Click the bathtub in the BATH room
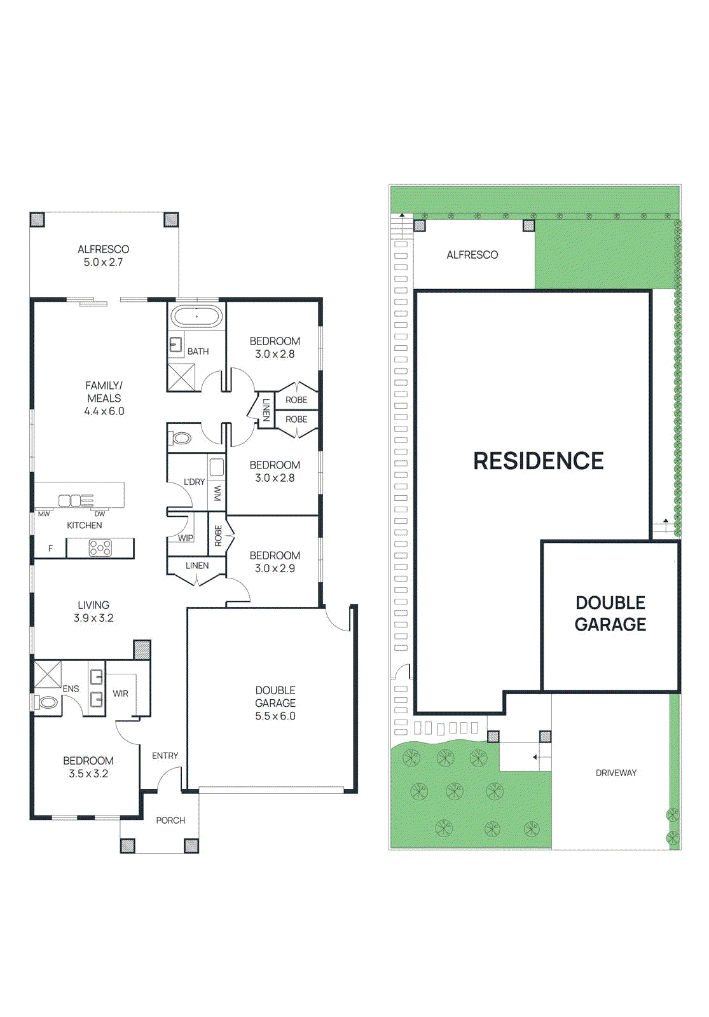pos(196,317)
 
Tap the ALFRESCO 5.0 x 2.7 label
pos(103,256)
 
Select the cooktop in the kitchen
pos(100,548)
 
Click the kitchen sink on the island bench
pos(70,500)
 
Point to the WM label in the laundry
pos(217,493)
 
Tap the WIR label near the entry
pos(121,693)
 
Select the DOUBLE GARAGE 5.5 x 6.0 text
pos(275,703)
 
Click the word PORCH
pos(170,821)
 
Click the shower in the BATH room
pos(181,378)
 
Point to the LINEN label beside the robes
pos(266,409)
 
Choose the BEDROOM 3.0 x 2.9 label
pos(275,562)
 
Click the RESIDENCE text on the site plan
pos(538,461)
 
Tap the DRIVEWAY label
pos(616,773)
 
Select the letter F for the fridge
pos(51,548)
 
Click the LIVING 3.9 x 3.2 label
pos(93,611)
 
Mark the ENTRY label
pos(165,756)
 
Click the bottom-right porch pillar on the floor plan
pos(191,845)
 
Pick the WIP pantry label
pos(185,538)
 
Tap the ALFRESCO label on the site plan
pos(472,255)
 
